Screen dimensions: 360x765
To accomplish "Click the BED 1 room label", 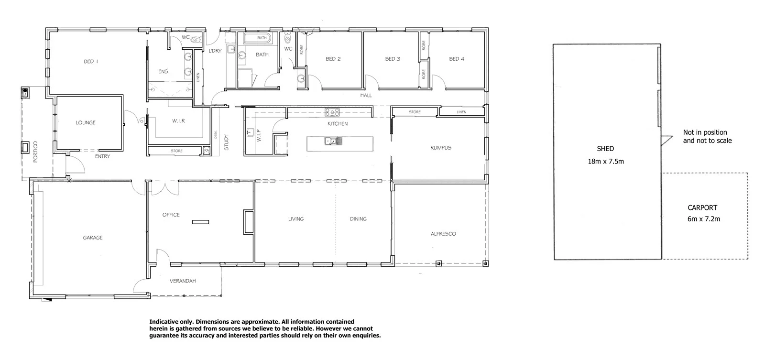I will tap(91, 61).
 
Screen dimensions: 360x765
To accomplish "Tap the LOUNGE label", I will tap(86, 122).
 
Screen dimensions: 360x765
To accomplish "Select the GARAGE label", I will tap(93, 238).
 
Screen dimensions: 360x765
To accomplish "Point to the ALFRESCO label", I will tap(443, 234).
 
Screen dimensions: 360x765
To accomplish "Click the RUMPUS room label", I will tap(440, 148).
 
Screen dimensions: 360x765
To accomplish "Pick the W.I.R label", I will tap(178, 121).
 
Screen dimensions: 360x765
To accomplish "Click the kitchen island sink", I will tap(330, 141).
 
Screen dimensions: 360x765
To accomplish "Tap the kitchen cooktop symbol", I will tap(332, 112).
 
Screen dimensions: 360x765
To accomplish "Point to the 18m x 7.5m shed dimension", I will tap(606, 162).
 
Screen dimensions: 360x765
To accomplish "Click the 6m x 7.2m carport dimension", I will tap(703, 219).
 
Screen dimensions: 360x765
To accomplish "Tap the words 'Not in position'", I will tap(705, 132).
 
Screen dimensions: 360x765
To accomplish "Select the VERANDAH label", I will tap(183, 281).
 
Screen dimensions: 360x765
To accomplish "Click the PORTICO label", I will tap(36, 152).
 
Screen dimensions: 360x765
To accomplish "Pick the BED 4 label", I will tap(457, 59).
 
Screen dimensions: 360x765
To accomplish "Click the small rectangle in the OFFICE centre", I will tap(201, 221).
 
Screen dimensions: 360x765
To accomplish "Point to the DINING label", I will tap(358, 219).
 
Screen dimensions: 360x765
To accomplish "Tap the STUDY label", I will tap(227, 142).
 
